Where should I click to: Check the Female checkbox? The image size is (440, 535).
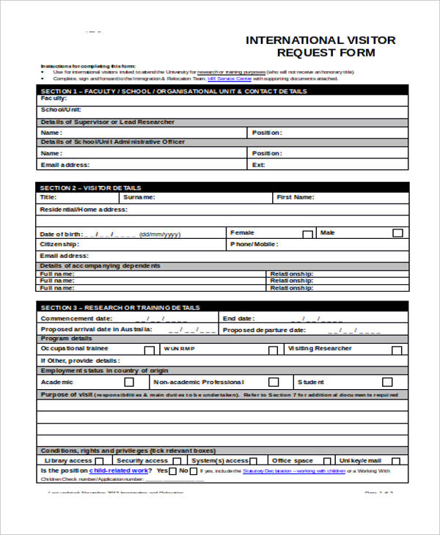307,234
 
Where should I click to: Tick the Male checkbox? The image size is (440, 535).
397,233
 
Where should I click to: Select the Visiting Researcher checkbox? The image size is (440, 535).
397,350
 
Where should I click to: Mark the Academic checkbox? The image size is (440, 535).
129,382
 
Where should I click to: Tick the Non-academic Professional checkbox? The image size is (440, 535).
273,382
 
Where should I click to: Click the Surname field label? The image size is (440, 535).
139,197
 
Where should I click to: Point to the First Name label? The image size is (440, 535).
295,197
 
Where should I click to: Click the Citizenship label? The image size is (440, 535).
59,244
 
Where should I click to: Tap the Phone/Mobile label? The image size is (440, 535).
254,244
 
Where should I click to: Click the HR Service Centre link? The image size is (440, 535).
230,78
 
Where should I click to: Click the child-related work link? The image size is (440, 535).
118,471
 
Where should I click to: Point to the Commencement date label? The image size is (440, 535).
76,319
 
